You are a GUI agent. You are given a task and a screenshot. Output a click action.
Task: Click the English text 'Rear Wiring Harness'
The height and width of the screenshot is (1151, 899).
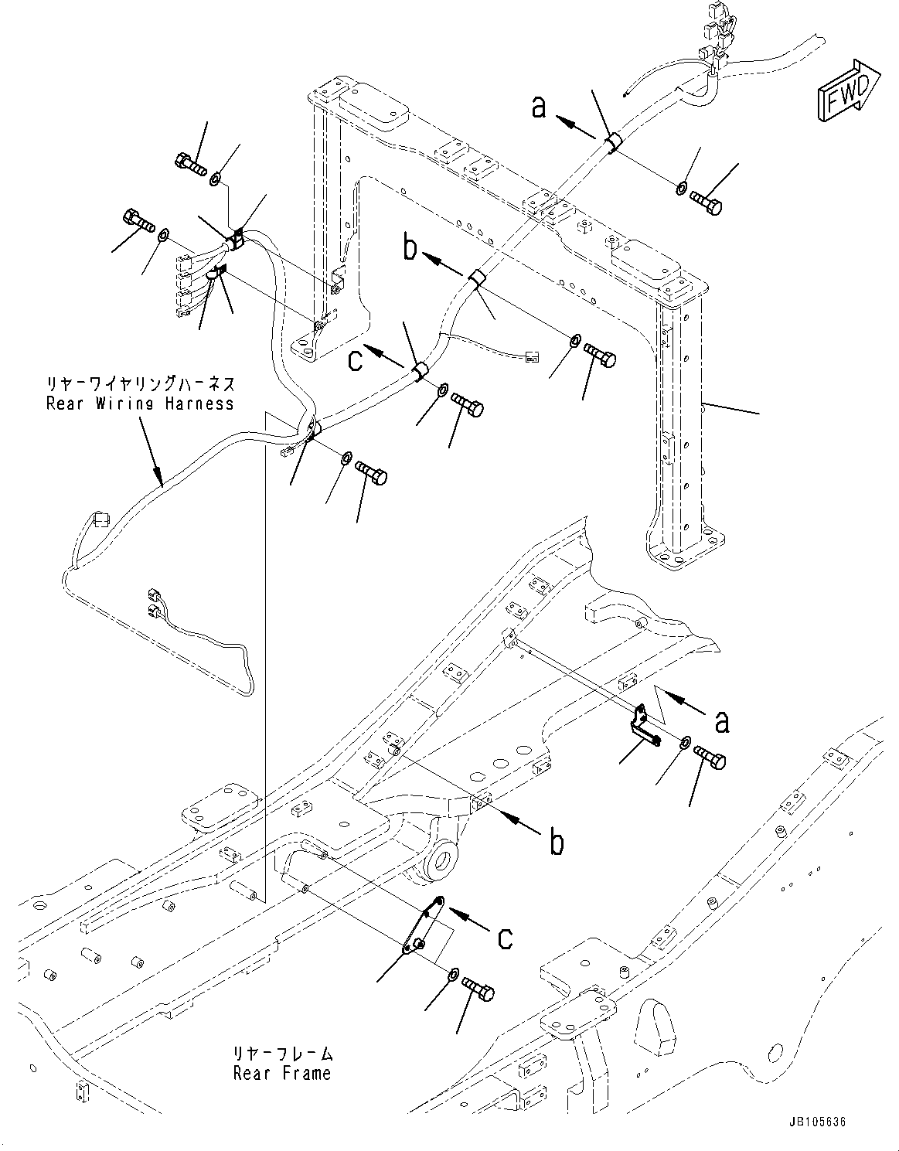[x=139, y=404]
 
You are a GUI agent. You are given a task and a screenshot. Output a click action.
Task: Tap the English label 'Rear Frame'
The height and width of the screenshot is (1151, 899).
[x=281, y=1073]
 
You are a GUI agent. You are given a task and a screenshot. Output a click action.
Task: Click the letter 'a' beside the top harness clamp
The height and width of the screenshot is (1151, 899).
[x=539, y=107]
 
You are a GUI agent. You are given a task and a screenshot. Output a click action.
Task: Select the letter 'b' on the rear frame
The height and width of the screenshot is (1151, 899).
[x=556, y=843]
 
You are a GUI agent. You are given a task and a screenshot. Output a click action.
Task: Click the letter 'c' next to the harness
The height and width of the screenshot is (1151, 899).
[x=355, y=360]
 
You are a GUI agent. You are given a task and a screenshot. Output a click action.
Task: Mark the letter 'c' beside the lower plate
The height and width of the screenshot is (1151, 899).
[x=505, y=938]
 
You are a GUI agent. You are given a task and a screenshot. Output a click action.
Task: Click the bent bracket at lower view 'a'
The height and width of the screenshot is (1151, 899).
[x=643, y=724]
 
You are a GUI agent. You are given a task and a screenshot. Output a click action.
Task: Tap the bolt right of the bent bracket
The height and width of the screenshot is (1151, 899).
[x=710, y=757]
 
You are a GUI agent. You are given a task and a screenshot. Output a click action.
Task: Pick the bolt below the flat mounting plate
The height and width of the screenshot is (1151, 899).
[x=478, y=989]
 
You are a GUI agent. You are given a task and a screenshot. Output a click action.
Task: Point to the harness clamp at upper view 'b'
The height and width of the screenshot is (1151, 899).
[x=477, y=277]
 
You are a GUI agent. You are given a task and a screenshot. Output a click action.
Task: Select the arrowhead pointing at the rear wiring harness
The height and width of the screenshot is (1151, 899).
[x=158, y=479]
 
